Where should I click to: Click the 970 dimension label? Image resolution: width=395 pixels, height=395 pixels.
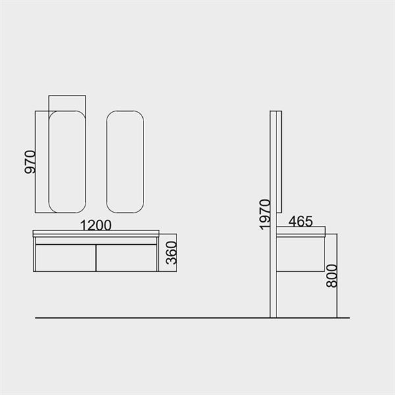point(30,161)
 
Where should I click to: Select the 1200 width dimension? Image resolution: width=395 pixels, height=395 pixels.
point(95,224)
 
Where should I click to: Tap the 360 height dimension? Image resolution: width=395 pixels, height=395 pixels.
point(172,251)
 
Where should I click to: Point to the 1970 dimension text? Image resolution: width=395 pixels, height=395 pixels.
point(265,214)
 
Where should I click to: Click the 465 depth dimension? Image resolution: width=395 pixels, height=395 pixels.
point(300,222)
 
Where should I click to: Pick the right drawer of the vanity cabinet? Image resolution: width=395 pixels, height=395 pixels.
point(126,257)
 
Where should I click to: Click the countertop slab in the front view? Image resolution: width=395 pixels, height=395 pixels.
point(96,233)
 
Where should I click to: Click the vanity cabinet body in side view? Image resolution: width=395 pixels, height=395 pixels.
point(301,254)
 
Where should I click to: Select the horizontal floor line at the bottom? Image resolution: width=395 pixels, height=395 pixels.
point(191,318)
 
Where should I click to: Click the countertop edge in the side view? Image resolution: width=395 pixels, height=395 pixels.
point(302,232)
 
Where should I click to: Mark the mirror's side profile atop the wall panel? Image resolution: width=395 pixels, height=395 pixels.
point(279,161)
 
